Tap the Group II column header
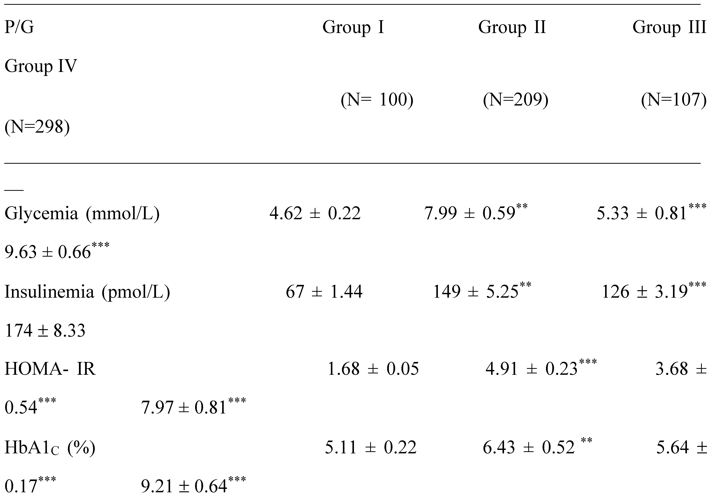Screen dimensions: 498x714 coord(512,27)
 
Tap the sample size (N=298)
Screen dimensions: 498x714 coord(37,127)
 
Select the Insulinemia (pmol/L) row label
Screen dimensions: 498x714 coord(87,292)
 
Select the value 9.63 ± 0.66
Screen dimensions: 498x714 coord(47,252)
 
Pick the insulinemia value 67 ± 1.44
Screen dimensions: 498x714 coord(324,292)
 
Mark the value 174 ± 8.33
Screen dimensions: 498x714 coord(45,330)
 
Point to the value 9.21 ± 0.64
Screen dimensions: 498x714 coord(184,486)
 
